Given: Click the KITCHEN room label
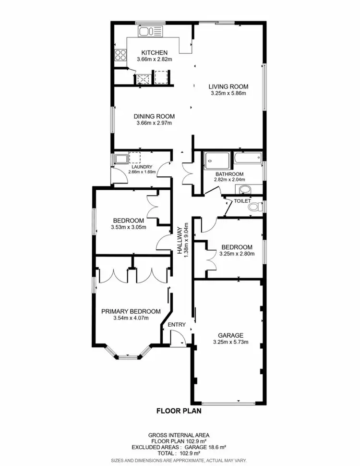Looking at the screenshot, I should tap(154, 52).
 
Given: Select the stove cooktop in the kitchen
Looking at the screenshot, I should tap(120, 55).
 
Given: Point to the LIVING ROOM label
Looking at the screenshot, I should tap(228, 86).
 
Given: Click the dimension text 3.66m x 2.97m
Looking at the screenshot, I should tap(154, 123).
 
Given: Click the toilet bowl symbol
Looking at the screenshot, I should tap(257, 207).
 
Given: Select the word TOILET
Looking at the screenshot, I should tap(242, 201).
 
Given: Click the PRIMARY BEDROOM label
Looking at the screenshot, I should tap(131, 311).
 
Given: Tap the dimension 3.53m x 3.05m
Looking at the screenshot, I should tap(129, 228).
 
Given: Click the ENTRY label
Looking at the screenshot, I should tap(176, 325).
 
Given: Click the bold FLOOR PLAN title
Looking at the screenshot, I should tap(179, 411).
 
